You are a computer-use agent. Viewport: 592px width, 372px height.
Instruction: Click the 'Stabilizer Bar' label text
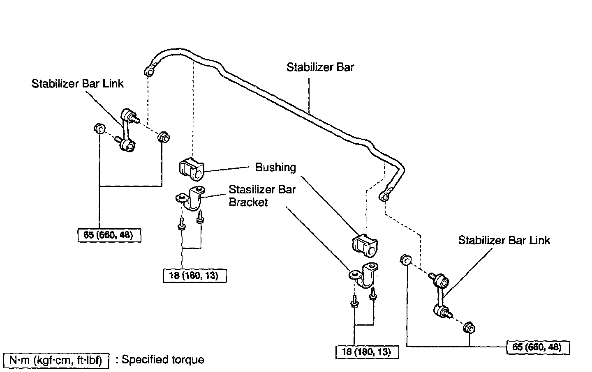click(320, 67)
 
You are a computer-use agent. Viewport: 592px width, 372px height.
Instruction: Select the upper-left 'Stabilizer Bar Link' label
click(77, 84)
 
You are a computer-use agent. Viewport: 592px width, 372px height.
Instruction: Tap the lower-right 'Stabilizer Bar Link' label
click(504, 240)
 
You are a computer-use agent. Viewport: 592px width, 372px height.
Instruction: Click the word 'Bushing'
click(275, 168)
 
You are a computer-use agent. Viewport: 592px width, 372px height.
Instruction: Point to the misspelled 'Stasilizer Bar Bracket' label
click(261, 196)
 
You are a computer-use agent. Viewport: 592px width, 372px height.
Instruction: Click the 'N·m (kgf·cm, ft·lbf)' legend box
click(55, 361)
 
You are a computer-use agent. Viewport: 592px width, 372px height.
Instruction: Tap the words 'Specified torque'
click(163, 360)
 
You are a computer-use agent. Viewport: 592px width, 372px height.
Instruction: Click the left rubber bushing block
click(192, 168)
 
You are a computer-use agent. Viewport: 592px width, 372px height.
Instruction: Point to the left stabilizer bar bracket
click(191, 198)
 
